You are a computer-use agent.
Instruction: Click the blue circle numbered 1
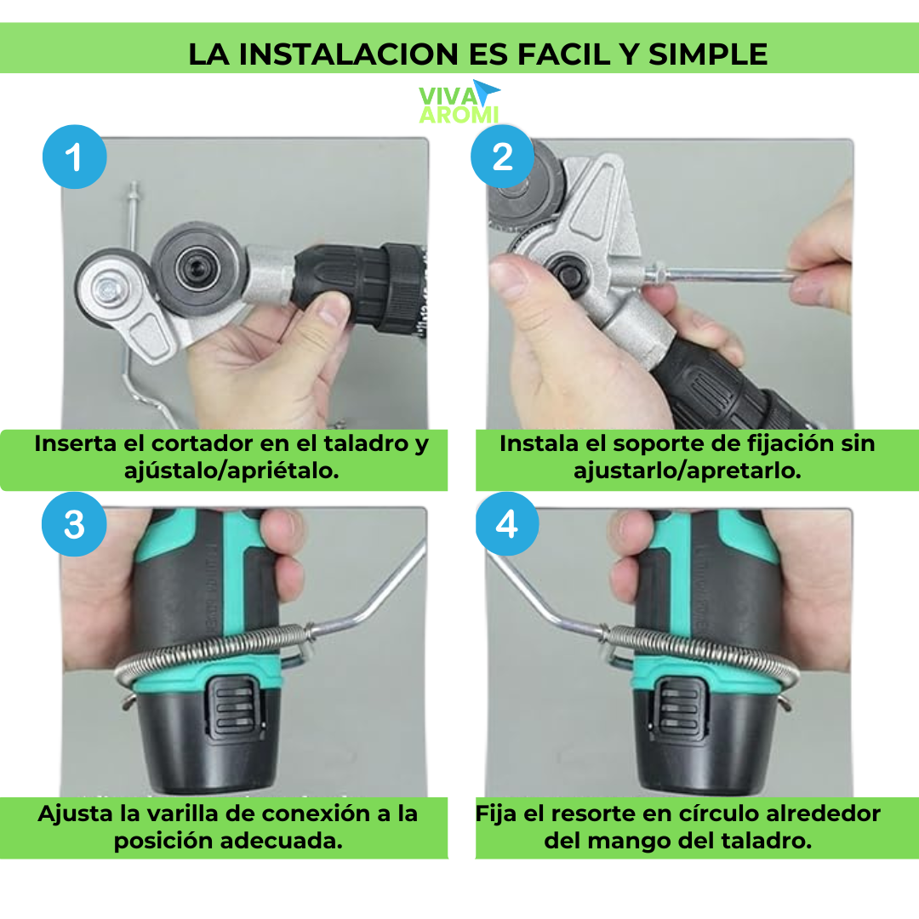pos(75,157)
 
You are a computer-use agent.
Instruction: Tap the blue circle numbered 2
pos(503,157)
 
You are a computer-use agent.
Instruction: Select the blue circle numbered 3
pos(75,525)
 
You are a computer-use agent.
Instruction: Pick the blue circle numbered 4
pos(506,525)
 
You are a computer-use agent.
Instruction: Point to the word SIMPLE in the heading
pos(708,54)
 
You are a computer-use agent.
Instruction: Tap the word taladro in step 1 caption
pos(367,444)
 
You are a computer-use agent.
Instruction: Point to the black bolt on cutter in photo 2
pos(568,274)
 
